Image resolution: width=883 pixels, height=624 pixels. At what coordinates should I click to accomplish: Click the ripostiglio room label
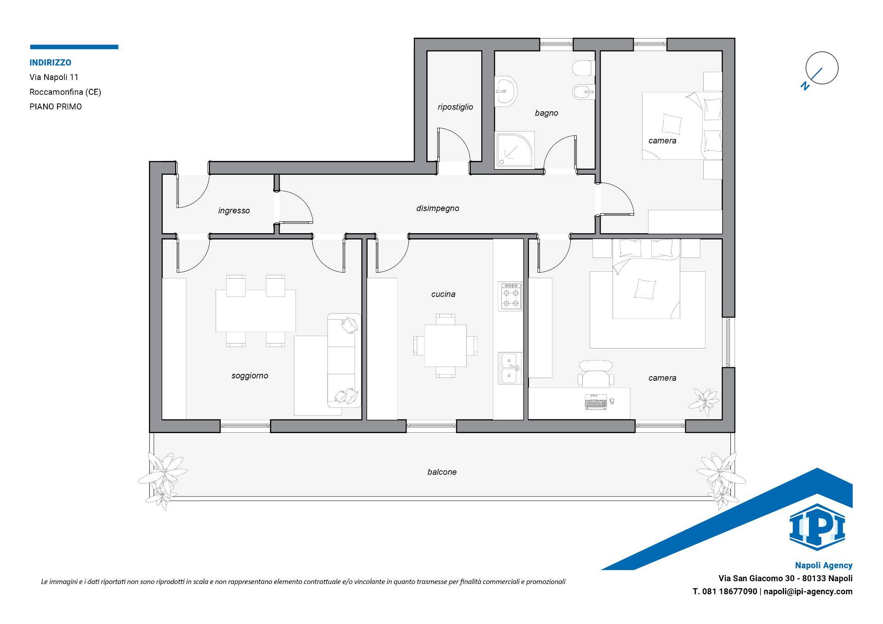(x=455, y=107)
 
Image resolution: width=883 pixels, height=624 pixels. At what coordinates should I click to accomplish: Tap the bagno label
(x=546, y=113)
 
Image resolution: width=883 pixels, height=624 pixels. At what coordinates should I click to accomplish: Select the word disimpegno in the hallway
(x=437, y=209)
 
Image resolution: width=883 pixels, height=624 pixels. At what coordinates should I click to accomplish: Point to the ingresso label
(x=234, y=211)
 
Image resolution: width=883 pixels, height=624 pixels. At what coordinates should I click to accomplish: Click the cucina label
(x=443, y=294)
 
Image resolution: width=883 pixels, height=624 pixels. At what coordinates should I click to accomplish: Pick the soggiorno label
(x=250, y=376)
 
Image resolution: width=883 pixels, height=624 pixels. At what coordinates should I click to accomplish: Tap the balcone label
(x=442, y=472)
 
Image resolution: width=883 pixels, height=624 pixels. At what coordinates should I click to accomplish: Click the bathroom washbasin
(x=506, y=91)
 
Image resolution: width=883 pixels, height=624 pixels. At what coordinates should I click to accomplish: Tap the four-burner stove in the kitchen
(x=510, y=297)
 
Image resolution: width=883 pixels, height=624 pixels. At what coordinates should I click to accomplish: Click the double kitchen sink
(x=510, y=368)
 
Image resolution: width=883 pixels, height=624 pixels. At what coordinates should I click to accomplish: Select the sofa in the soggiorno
(x=344, y=361)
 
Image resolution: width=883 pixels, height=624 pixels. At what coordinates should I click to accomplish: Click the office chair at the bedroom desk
(x=596, y=374)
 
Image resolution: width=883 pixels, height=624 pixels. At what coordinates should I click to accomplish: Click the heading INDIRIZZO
(x=51, y=63)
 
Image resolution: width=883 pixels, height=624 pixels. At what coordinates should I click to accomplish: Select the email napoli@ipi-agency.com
(x=808, y=592)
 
